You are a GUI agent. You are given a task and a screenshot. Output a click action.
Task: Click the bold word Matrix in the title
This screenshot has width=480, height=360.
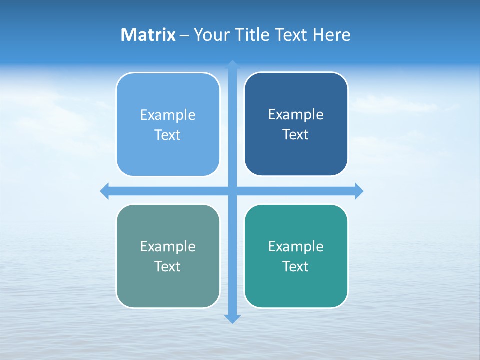click(148, 35)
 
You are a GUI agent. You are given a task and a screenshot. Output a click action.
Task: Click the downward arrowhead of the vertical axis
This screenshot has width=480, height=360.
click(232, 318)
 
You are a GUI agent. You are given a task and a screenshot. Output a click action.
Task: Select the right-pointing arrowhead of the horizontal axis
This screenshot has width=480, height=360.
click(359, 191)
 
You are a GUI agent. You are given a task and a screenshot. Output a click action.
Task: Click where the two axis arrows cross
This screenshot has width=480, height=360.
click(232, 191)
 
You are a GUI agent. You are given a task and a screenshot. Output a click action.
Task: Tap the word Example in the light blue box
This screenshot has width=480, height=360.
click(168, 115)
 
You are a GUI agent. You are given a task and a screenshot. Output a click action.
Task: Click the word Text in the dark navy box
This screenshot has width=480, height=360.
click(296, 135)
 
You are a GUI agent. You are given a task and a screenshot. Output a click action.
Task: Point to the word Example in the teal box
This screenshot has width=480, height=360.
click(296, 246)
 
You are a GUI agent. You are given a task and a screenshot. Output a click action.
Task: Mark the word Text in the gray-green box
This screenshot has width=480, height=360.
click(168, 266)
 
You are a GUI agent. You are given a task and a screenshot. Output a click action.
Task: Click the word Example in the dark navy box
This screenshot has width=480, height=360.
click(296, 115)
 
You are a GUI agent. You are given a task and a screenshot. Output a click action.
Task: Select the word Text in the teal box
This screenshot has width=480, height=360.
click(296, 266)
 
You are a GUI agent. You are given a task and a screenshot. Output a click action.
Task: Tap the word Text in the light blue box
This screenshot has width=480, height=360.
click(168, 135)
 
